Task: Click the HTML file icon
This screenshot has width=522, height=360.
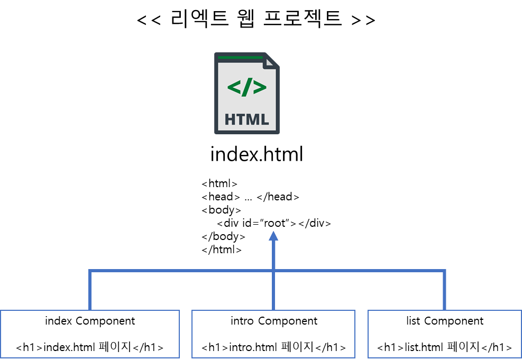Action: tap(247, 93)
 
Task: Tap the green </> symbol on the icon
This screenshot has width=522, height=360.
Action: tap(247, 87)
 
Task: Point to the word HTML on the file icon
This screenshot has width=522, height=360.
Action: tap(247, 119)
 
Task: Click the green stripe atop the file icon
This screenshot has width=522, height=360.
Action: tap(241, 57)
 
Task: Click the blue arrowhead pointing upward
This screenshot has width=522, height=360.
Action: tap(273, 236)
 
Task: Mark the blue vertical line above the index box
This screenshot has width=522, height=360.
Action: tap(90, 291)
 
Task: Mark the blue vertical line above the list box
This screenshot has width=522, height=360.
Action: tap(444, 291)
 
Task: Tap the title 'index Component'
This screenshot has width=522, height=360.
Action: tap(90, 321)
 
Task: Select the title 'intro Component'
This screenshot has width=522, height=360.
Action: tap(274, 321)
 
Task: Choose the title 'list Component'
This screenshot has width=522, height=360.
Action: tap(445, 321)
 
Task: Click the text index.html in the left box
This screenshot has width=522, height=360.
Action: tap(69, 347)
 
